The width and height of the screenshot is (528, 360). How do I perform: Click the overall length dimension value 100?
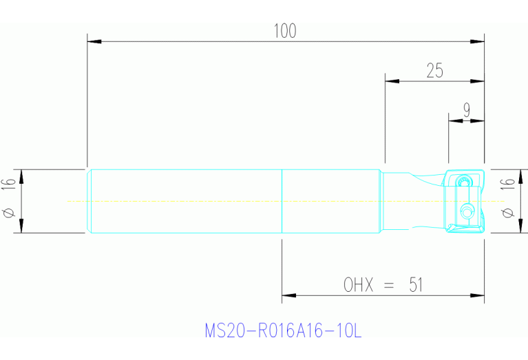point(285,31)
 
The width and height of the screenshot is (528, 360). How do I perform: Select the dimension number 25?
point(434,71)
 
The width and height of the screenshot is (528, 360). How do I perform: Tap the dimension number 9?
point(467,109)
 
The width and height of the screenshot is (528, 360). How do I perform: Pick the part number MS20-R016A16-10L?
point(283,331)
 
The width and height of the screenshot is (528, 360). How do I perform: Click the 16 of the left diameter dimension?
point(9,184)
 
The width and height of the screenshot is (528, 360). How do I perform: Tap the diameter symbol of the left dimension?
point(9,214)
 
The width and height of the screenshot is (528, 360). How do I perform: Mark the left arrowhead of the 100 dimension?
point(94,42)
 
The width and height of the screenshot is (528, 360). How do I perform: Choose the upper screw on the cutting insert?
point(465,182)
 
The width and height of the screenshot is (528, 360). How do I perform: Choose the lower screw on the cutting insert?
point(468,211)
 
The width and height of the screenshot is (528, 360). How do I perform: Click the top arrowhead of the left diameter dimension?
point(21,176)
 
